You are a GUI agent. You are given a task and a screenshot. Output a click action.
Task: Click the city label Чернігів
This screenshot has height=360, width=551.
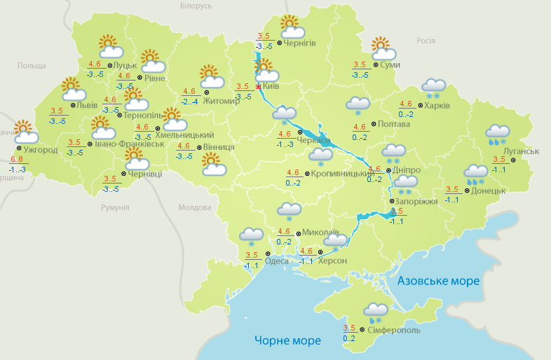click(x=300, y=43)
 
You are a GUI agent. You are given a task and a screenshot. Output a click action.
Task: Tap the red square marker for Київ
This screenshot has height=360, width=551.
click(x=258, y=86)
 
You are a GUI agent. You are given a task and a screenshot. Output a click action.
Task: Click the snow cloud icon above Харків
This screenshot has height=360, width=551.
click(x=433, y=88)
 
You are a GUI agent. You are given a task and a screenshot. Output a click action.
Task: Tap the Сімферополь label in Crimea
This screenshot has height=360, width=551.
click(x=393, y=329)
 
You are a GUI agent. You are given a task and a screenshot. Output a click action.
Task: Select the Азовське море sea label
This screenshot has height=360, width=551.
click(x=438, y=281)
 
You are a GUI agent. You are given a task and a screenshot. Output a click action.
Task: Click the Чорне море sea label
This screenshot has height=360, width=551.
click(x=287, y=341)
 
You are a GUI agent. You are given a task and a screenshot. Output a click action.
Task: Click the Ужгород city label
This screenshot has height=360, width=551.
click(x=39, y=149)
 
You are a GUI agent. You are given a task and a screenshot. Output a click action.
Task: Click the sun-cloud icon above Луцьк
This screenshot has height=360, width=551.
click(x=109, y=47)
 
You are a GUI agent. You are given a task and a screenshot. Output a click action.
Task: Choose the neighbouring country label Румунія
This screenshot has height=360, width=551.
click(x=115, y=208)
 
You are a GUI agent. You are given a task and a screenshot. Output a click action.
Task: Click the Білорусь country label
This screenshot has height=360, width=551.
click(x=196, y=6)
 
